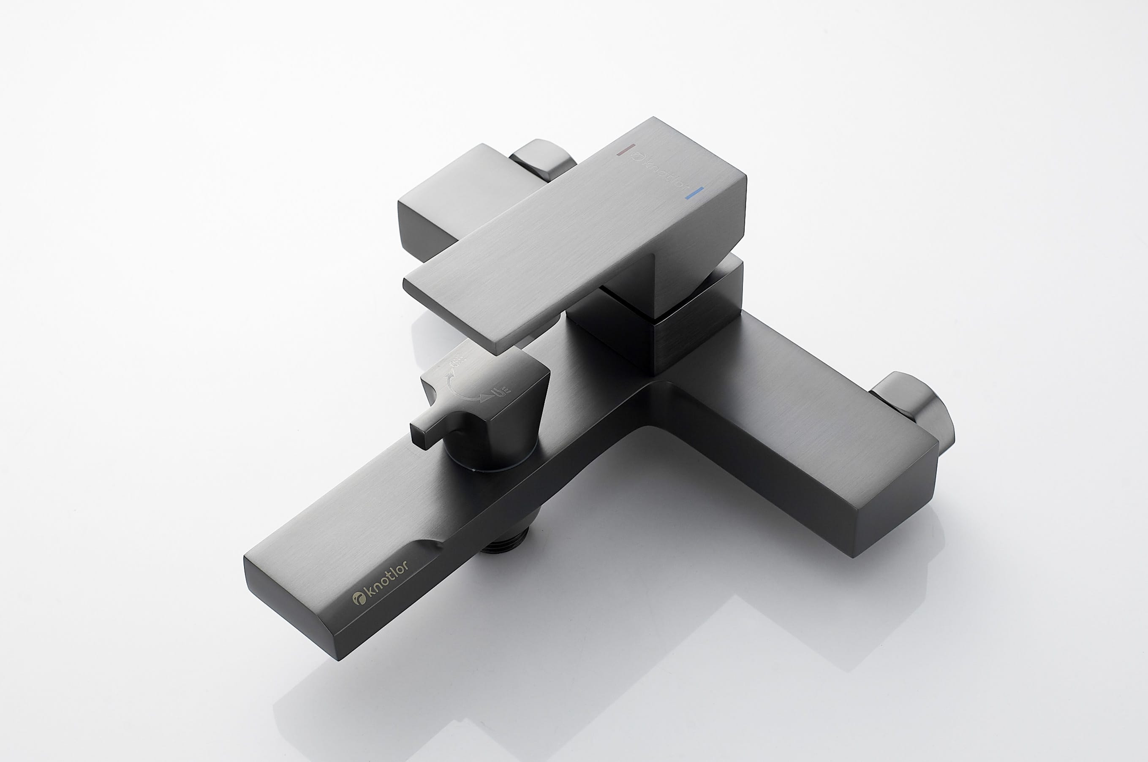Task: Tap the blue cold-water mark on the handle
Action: (x=694, y=193)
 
